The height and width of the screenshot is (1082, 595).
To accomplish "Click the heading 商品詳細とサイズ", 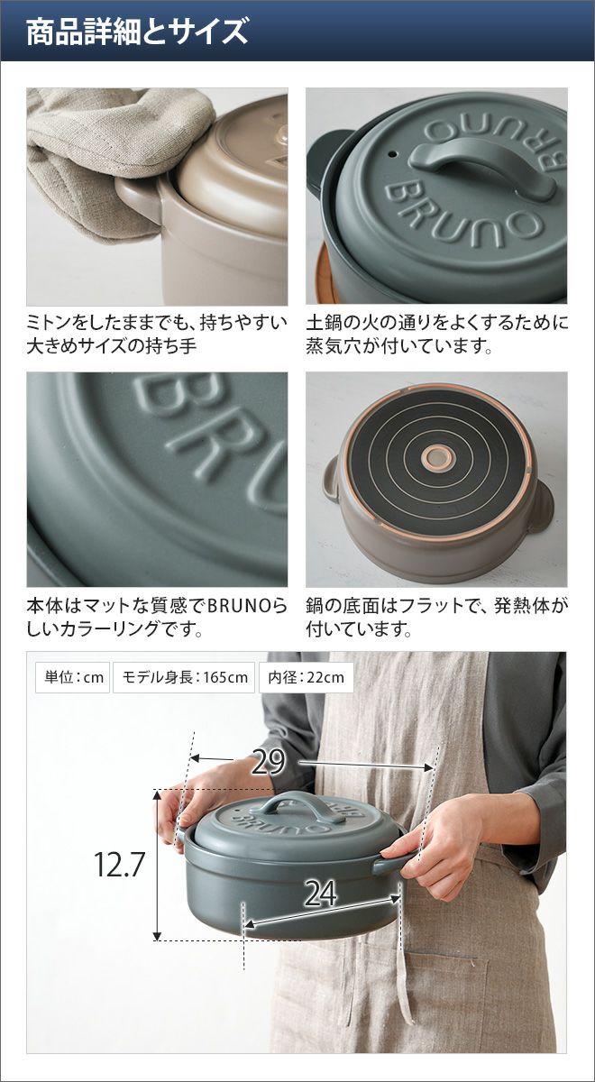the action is [x=137, y=32].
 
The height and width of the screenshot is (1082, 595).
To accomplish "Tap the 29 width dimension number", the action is [x=269, y=762].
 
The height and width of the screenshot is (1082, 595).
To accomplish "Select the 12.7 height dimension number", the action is [x=119, y=864].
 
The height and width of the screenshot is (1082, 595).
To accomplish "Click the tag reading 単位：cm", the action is [x=73, y=677].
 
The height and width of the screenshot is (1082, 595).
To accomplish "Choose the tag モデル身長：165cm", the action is [x=184, y=677].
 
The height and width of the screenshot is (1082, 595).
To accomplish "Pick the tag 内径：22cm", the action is [x=307, y=677].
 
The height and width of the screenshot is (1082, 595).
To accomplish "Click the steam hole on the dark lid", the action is [x=393, y=155].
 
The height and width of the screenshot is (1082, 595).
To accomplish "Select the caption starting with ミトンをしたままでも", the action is [x=157, y=335].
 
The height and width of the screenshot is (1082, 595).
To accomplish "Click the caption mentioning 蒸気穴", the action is [x=437, y=335].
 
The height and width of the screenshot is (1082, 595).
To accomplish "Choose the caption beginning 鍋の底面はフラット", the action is [x=437, y=617].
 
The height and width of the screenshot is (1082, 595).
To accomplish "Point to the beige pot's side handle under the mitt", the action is [x=140, y=200].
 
